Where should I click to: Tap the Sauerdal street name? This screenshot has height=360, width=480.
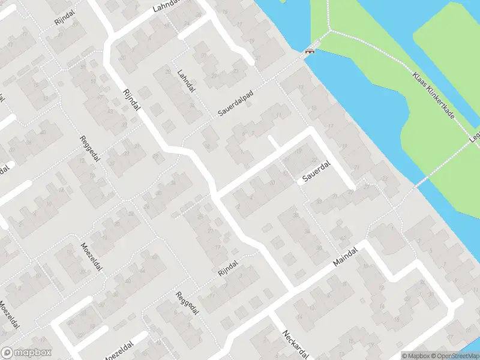(316, 174)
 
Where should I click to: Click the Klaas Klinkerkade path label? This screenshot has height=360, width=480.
(433, 95)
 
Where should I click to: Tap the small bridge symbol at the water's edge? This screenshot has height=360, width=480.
(310, 52)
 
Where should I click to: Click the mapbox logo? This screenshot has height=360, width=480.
(26, 353)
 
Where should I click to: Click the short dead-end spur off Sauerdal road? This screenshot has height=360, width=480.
(272, 142)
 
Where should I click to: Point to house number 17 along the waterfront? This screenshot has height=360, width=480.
(331, 127)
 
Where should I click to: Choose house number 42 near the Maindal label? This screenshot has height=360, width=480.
(343, 239)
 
